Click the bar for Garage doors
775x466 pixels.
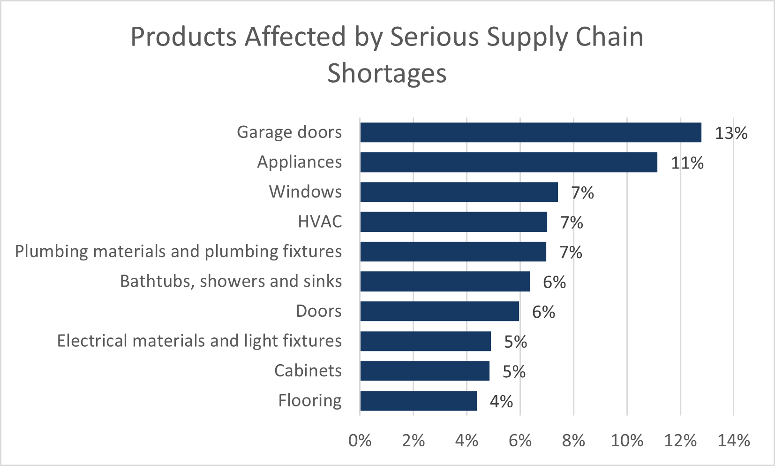530,132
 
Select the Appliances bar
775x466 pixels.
508,162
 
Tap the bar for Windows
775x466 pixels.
459,192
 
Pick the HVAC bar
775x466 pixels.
453,222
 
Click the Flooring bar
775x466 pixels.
418,401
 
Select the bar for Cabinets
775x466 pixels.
424,371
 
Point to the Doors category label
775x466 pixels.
319,311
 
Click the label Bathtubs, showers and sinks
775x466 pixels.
231,281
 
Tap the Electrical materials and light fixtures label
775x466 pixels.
199,341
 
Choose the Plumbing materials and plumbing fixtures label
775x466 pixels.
178,252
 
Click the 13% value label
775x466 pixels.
731,133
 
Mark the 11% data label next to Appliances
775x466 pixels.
687,163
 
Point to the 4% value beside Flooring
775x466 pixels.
501,402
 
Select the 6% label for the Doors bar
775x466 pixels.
543,312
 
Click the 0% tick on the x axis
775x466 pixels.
360,441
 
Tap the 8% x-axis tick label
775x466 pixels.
573,441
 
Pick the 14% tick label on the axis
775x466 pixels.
734,441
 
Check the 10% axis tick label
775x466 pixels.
627,441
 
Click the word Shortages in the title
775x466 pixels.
387,74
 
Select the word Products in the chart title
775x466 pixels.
184,37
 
